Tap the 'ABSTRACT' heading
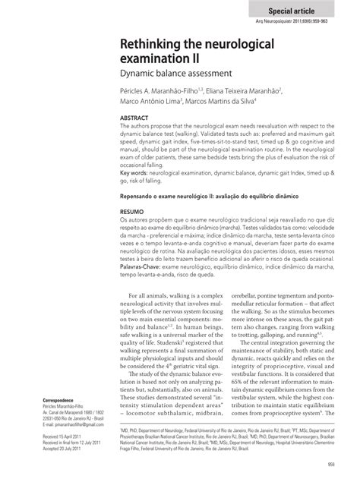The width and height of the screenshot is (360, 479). click(x=136, y=120)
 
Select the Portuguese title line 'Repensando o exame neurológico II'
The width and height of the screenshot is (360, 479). click(x=178, y=196)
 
